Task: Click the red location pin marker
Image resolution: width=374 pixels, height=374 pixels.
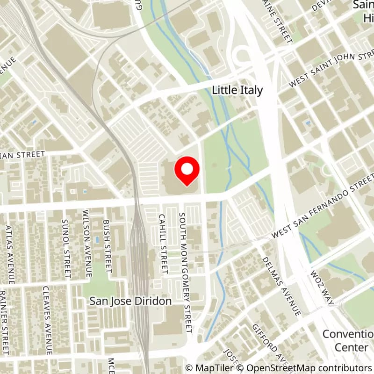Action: coord(187,171)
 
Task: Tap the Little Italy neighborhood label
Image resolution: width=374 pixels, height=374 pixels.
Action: coord(237,90)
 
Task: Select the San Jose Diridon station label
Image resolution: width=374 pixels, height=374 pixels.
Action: coord(130,302)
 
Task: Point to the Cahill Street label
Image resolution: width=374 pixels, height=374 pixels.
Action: coord(162,244)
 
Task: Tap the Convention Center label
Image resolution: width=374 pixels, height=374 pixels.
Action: coord(348,340)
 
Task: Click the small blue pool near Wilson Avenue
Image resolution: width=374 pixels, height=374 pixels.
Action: coord(97,239)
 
